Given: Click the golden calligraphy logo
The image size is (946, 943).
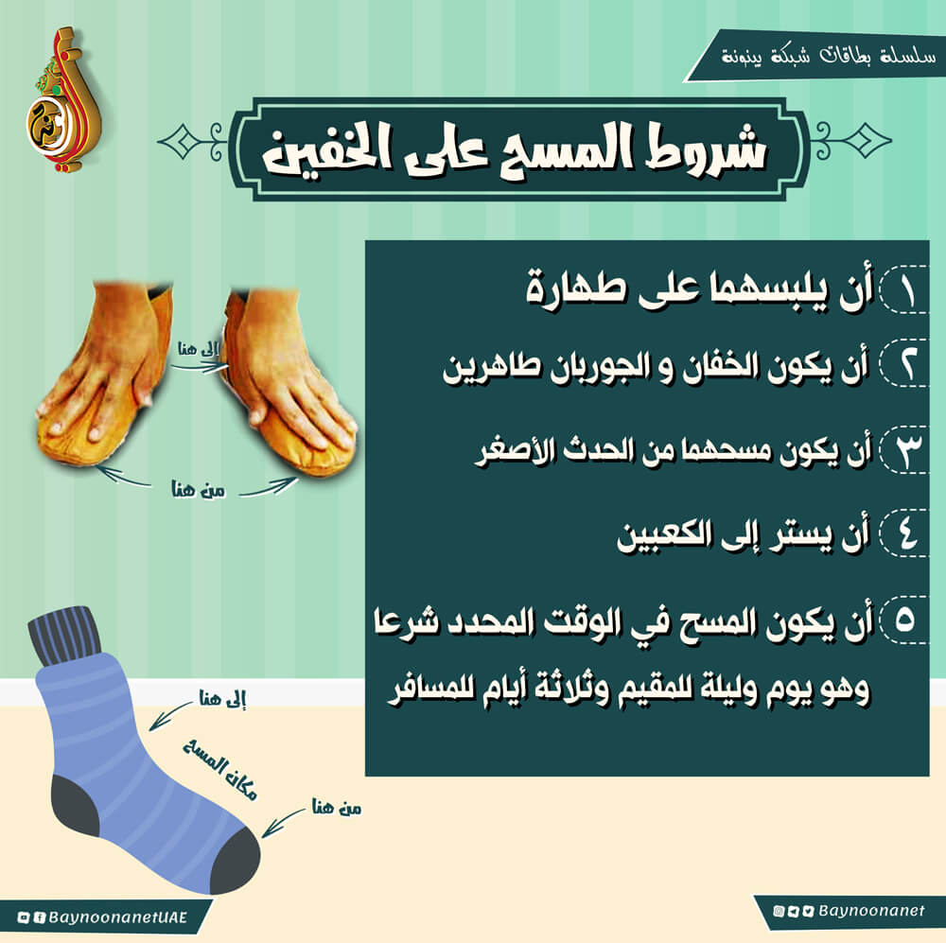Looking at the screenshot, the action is click(63, 98).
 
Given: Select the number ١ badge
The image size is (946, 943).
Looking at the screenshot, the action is click(903, 290).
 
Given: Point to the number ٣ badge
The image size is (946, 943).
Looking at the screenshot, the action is click(903, 449).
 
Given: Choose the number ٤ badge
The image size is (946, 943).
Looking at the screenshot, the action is click(903, 533).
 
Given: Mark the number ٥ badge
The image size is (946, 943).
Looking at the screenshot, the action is click(903, 620).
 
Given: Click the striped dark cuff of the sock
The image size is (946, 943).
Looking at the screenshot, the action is click(64, 634).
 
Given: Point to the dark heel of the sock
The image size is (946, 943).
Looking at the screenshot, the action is click(74, 805).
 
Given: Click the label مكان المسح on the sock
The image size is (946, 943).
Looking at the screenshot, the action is click(220, 770).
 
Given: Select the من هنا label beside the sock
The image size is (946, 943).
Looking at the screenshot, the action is click(337, 807).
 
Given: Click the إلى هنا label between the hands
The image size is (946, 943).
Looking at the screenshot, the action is click(198, 349).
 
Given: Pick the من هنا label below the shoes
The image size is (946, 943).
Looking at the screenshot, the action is click(199, 490).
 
